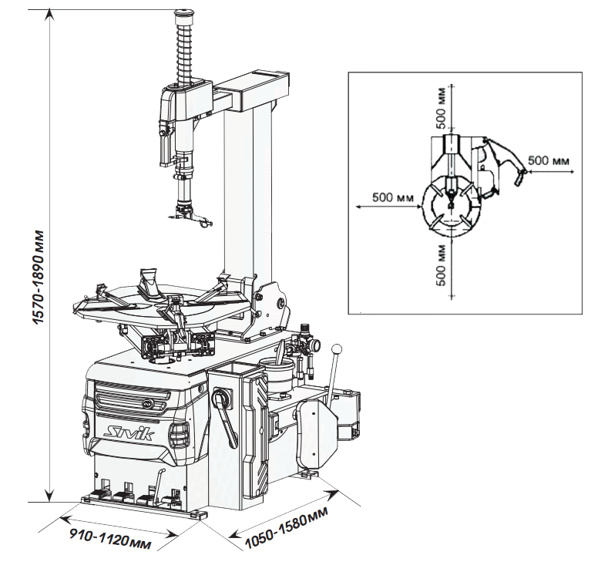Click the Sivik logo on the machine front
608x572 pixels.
point(131,432)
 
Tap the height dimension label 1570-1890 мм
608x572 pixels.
point(39,278)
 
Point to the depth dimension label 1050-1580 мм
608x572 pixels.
point(287,527)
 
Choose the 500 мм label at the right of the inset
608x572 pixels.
point(549,160)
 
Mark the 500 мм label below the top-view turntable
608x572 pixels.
point(441,265)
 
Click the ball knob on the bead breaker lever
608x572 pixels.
point(338,348)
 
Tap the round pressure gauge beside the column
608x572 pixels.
point(315,345)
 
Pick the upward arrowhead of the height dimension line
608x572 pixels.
point(49,15)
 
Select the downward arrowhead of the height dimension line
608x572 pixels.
point(49,496)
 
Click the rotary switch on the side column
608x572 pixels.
point(222,399)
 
